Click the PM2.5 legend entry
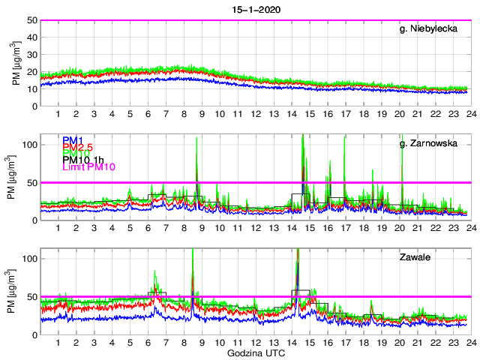click(x=79, y=149)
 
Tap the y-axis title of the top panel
click(x=16, y=63)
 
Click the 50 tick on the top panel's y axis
click(x=33, y=20)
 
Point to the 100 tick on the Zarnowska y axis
click(x=31, y=144)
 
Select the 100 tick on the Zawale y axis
click(x=31, y=258)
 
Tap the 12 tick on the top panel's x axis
click(x=256, y=114)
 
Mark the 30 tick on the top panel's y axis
click(x=33, y=55)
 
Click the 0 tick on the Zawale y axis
click(x=35, y=334)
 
